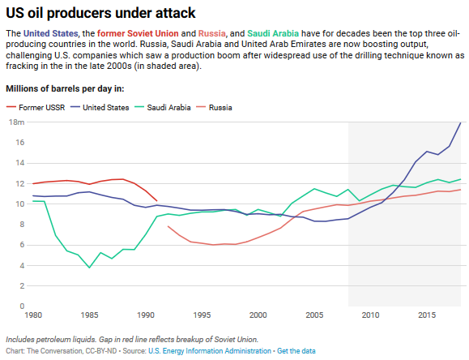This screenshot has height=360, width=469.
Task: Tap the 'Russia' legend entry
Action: (220, 107)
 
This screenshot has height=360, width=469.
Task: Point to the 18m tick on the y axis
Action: (16, 122)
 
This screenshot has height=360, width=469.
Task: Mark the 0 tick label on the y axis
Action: (22, 306)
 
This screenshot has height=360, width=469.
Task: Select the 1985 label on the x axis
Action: (89, 315)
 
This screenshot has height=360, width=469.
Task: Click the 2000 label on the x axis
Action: (258, 315)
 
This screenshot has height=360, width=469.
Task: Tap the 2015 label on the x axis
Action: (427, 315)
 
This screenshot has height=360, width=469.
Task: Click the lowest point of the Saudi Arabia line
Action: (89, 268)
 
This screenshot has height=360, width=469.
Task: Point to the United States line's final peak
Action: (461, 122)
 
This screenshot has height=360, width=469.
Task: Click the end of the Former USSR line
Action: (156, 201)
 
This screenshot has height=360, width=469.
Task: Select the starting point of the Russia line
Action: (168, 226)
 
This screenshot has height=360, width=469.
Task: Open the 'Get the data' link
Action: (296, 350)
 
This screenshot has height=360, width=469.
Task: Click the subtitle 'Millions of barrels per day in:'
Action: (65, 87)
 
